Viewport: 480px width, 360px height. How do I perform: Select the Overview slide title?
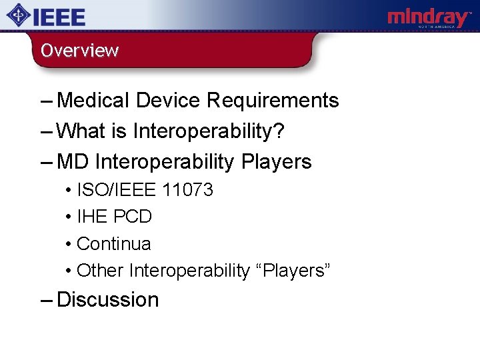[x=79, y=51]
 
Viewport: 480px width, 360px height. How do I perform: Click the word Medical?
[x=93, y=101]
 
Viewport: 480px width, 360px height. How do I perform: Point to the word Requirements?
[x=273, y=101]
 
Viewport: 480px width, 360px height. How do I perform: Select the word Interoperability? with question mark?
[x=209, y=131]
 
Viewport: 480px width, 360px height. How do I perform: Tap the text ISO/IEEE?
[x=117, y=190]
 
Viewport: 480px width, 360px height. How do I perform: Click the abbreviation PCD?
[x=133, y=217]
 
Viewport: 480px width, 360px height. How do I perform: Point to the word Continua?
[x=114, y=244]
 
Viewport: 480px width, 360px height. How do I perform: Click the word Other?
[x=101, y=271]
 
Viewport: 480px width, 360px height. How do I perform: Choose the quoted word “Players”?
[x=293, y=271]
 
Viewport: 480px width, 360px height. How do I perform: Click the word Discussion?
[x=108, y=300]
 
